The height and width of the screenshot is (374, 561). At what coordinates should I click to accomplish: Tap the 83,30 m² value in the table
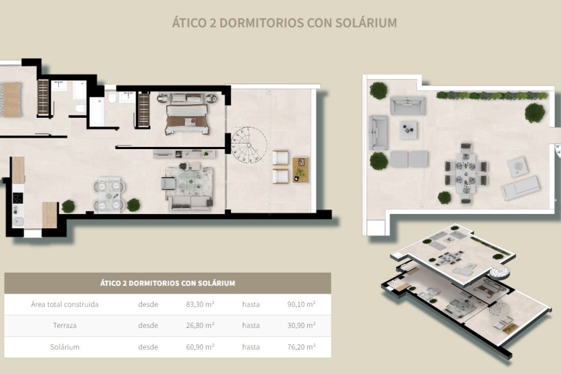pos(200,304)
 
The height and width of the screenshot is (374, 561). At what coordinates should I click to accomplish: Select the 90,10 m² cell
pos(301,304)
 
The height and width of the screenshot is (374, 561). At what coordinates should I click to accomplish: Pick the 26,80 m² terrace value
pos(200,325)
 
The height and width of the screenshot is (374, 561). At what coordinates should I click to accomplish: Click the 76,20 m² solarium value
pos(301,347)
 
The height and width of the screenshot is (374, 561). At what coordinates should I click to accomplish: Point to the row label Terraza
pos(65,325)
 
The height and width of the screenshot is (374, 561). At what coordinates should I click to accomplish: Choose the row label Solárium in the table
pos(65,347)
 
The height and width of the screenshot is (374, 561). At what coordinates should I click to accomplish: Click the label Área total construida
pos(65,304)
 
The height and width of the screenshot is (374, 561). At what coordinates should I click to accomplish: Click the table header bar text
pos(167,283)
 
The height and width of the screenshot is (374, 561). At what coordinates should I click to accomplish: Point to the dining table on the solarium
pos(466,172)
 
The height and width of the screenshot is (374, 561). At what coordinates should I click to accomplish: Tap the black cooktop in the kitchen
pos(18,198)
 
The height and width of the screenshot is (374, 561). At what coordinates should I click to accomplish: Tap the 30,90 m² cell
pos(301,325)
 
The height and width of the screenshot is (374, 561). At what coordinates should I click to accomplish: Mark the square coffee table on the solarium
pos(409,130)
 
